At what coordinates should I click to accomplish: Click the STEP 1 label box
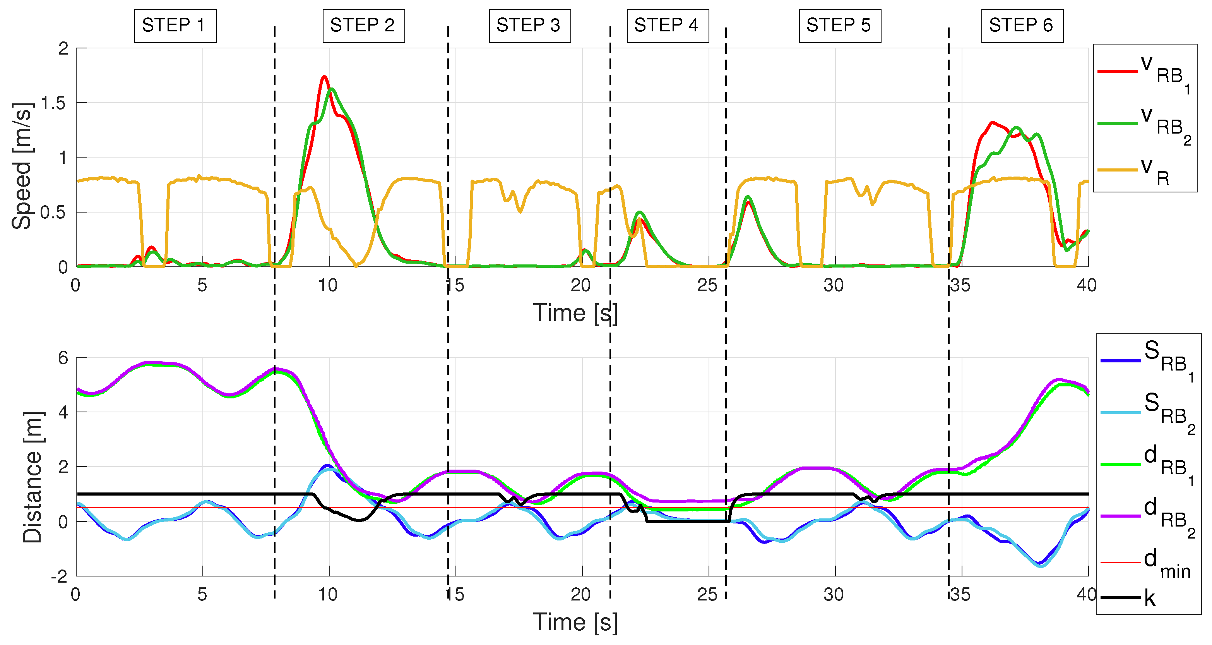175,26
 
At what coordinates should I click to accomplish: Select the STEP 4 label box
667,26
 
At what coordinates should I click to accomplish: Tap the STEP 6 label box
1022,26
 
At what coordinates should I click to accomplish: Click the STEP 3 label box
529,26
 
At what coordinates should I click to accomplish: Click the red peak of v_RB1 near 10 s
324,77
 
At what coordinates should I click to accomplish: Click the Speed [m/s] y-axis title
22,166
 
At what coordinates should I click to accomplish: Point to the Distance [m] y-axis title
33,477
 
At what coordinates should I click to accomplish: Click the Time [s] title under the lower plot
575,623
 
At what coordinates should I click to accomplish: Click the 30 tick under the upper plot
834,285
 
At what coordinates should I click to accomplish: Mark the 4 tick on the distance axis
63,412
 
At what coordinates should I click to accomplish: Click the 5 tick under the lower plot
202,595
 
